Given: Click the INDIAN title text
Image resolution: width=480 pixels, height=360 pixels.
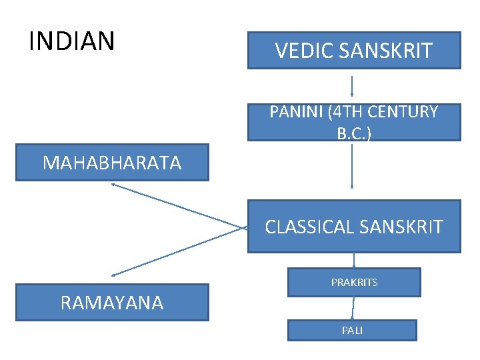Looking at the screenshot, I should click(x=72, y=41).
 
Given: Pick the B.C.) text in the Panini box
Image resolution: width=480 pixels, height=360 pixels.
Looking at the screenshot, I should click(x=354, y=133).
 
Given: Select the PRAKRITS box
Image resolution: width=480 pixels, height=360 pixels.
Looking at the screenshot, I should click(x=354, y=282).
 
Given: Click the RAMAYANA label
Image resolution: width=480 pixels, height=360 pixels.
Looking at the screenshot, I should click(x=112, y=303).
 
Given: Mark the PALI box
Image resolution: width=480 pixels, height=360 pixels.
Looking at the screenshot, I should click(x=352, y=331).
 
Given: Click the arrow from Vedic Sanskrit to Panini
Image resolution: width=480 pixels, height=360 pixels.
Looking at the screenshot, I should click(x=352, y=86).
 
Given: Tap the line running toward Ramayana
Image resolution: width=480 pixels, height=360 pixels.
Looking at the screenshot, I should click(x=177, y=252).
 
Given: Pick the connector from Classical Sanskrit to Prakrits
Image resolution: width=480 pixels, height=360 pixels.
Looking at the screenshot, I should click(x=354, y=260).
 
